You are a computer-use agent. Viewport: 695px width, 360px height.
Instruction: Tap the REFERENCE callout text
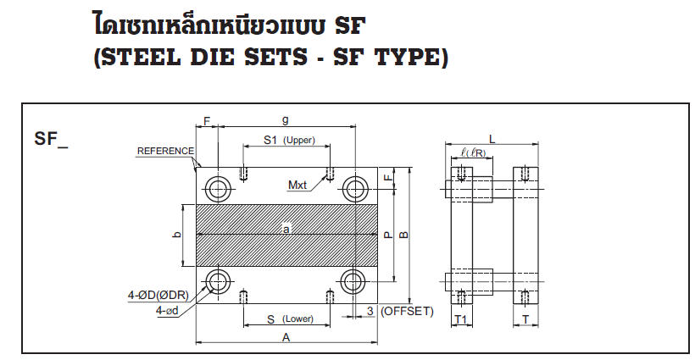[165, 151]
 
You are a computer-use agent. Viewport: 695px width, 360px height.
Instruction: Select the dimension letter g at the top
[286, 120]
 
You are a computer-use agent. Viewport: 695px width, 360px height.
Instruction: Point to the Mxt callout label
[297, 185]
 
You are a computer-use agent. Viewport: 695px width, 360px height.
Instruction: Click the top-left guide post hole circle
[217, 187]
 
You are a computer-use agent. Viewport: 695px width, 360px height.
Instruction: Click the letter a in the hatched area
[286, 229]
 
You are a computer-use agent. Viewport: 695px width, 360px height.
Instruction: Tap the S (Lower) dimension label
[285, 318]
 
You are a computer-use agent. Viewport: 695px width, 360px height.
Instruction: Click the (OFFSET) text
[407, 311]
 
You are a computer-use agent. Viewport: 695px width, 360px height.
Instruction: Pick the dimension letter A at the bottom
[286, 337]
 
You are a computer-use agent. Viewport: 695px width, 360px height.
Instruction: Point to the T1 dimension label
[462, 318]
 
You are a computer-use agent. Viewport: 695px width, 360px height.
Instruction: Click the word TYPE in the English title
[404, 58]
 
